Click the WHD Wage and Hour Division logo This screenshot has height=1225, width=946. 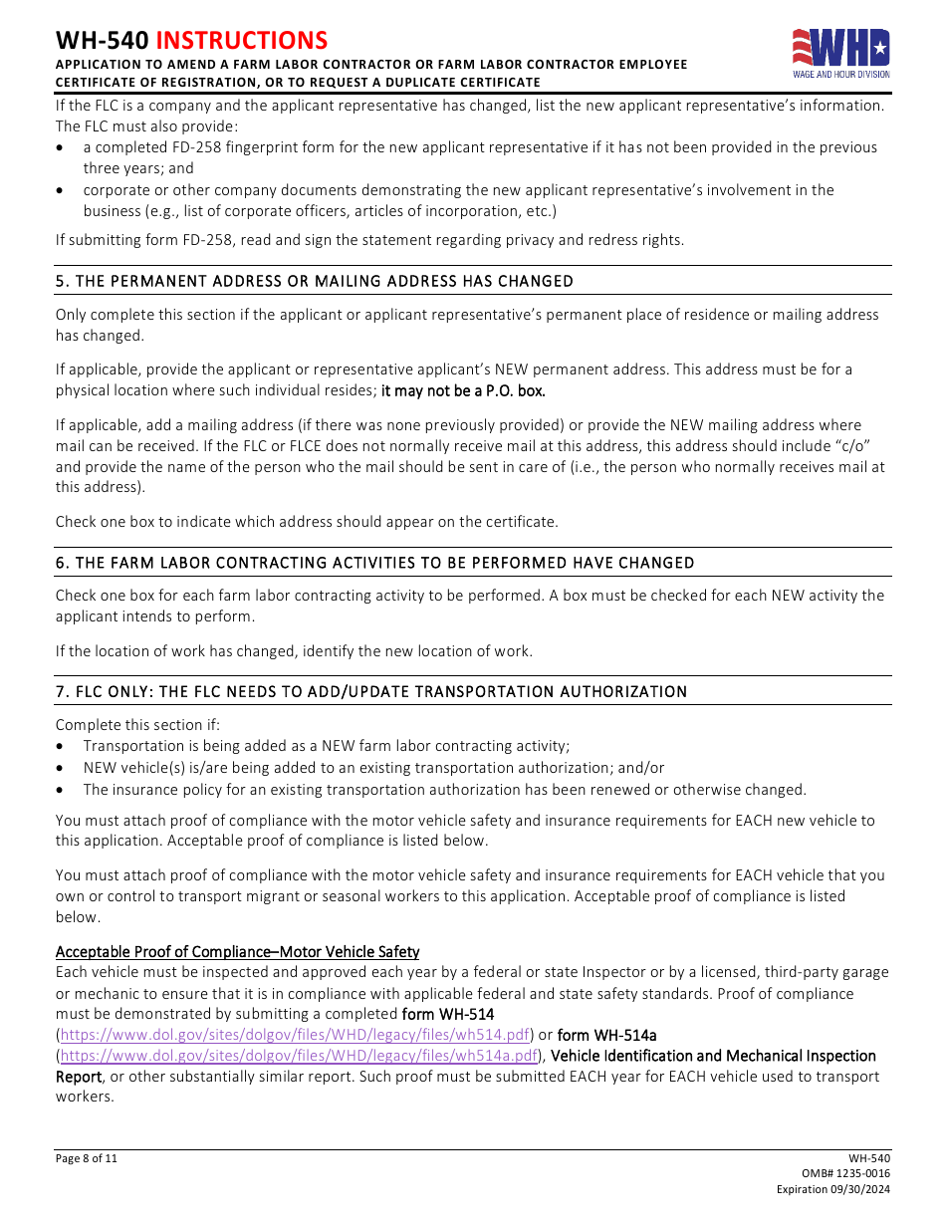pos(840,53)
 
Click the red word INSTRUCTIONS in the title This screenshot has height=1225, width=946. pos(242,40)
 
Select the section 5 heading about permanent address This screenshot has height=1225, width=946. pos(315,282)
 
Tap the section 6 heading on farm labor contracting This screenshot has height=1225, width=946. pos(375,563)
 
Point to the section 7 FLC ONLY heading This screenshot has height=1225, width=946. pos(371,692)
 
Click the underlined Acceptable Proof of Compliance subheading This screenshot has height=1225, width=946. pos(237,952)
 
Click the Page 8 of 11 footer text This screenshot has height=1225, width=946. pos(87,1158)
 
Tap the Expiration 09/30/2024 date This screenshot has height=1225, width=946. pos(833,1190)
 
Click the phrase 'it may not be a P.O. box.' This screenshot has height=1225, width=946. pos(463,390)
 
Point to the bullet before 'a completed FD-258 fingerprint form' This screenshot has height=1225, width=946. pos(62,147)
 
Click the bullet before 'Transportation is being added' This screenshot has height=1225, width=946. pos(62,747)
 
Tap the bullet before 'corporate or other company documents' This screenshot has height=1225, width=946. pos(62,190)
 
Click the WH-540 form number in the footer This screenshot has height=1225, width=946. pos(869,1158)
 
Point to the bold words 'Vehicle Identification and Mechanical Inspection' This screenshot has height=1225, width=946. pos(713,1056)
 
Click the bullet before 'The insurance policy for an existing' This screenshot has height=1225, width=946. pos(62,790)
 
